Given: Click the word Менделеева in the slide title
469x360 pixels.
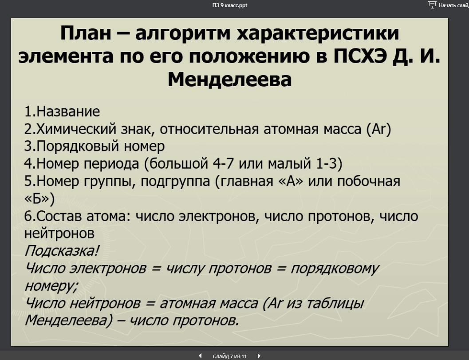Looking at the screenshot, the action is click(x=230, y=79).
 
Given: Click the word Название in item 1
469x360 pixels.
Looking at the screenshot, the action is click(x=68, y=111).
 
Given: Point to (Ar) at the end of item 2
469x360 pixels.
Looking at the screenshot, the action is click(x=378, y=129).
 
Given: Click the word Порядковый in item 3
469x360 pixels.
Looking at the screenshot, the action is click(x=78, y=146).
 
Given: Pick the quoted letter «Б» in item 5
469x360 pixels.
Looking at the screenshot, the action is click(x=37, y=199).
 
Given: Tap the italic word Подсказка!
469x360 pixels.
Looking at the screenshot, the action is click(x=61, y=251).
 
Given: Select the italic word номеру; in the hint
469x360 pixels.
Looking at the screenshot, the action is click(x=51, y=286).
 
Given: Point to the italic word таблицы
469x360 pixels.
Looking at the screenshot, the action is click(x=335, y=304).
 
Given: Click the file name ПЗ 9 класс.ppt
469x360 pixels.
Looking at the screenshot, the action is click(x=230, y=5).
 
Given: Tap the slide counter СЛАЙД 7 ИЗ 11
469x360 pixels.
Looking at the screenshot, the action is click(x=230, y=356).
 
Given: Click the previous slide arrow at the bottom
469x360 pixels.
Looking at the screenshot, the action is click(x=200, y=356).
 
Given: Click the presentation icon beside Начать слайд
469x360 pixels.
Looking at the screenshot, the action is click(x=432, y=5).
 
